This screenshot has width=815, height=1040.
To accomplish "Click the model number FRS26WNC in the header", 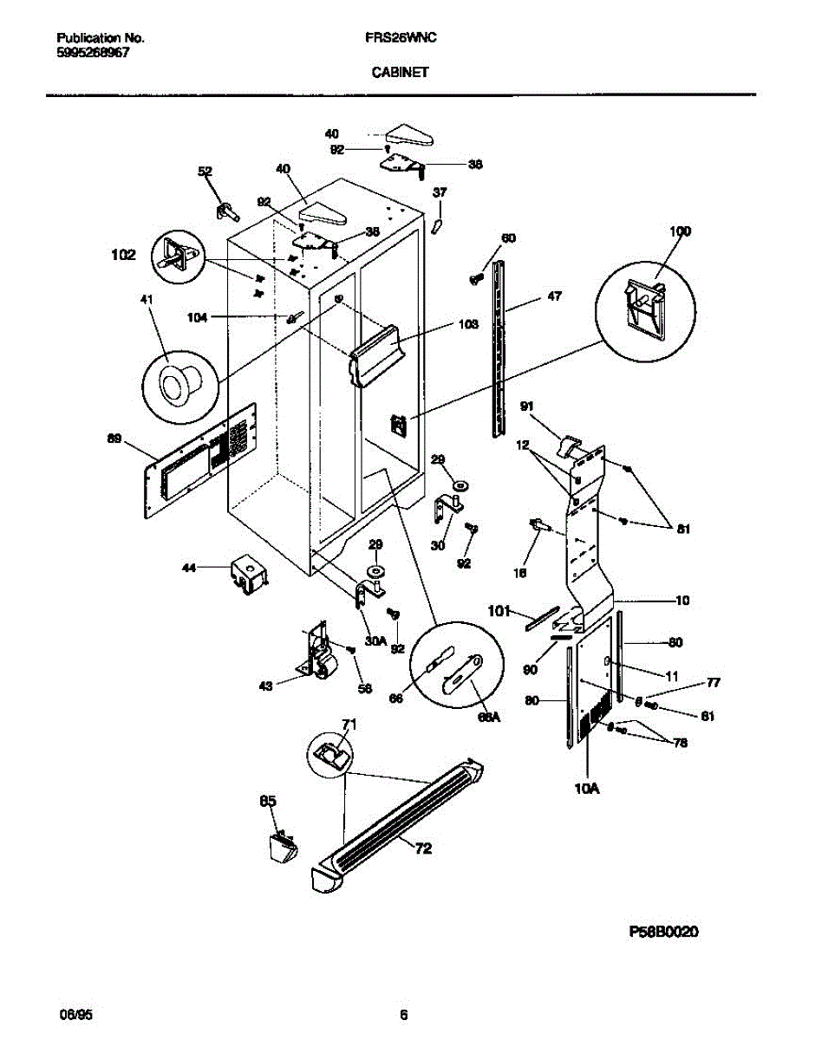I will point(400,39).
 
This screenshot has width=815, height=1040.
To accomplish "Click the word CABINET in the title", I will point(400,74).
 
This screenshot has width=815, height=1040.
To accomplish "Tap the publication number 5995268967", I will point(93,52).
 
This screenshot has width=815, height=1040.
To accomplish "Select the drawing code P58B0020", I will point(663,932).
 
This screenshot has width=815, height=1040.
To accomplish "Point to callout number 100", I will point(681,231).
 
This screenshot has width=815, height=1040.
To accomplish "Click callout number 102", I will point(123,255).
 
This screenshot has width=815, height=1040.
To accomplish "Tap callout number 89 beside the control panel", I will point(114,439).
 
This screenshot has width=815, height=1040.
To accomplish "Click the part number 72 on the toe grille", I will point(422,848).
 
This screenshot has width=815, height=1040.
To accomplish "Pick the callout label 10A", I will point(587,789).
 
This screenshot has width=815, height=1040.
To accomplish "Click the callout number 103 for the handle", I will point(468,325).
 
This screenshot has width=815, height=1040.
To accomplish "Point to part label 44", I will point(188,568).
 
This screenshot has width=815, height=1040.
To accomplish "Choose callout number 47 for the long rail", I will point(554,296).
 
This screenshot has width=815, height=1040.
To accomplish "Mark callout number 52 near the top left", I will point(205,172).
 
